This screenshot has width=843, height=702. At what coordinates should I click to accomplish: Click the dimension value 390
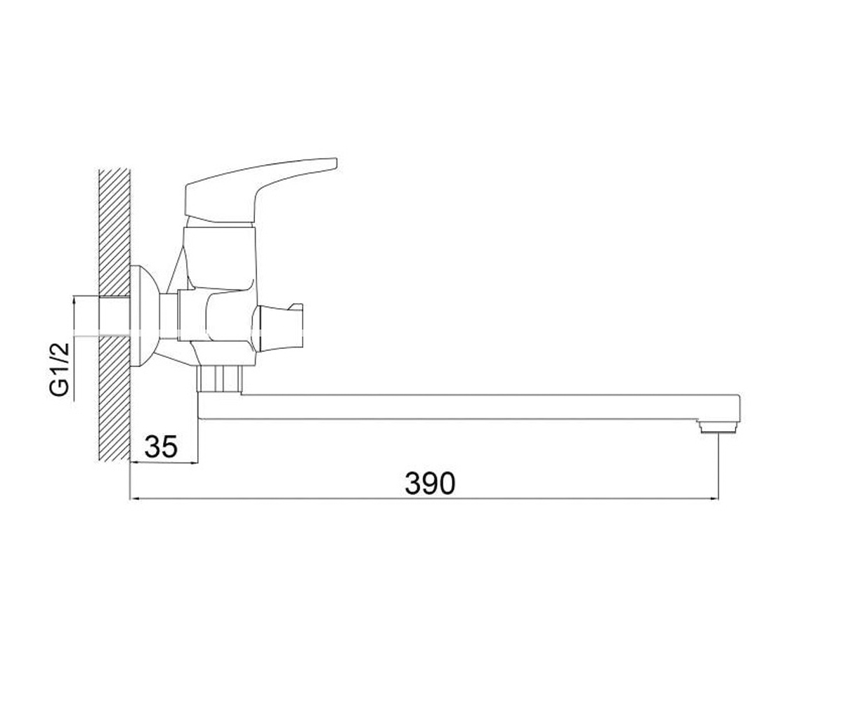point(429,484)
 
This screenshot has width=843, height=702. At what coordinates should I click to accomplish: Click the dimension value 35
point(161,446)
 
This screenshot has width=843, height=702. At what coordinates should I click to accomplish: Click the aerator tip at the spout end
point(719,426)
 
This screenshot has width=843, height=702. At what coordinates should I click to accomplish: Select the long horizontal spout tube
point(469,407)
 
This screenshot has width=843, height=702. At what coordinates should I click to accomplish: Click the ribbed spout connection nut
point(219,379)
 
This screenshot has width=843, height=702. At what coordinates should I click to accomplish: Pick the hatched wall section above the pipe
point(115,232)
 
